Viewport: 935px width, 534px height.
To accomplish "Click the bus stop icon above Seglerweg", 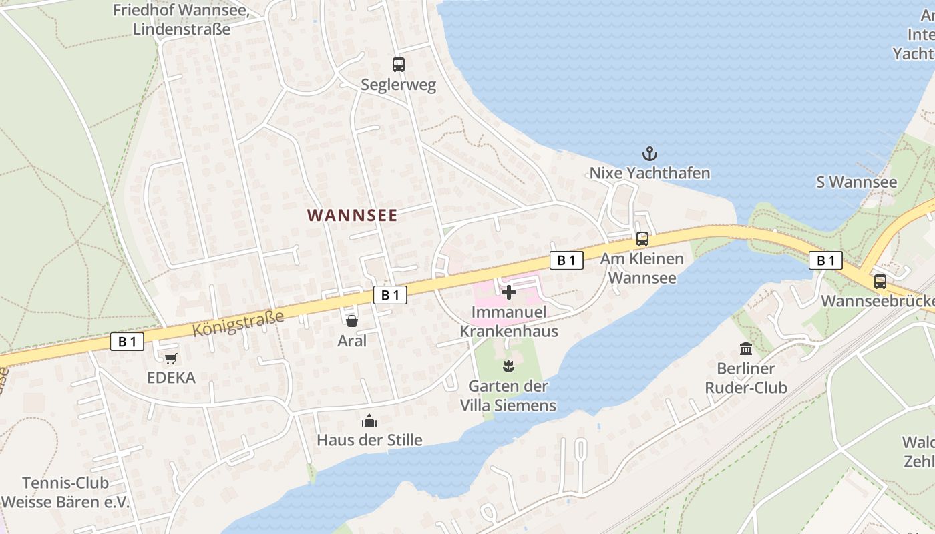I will coord(398,65).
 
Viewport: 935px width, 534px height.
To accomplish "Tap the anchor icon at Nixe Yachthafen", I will coord(649,154).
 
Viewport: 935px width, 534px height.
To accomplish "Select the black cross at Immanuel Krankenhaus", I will coord(509,292).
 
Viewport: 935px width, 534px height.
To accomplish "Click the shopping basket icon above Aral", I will coord(352,321).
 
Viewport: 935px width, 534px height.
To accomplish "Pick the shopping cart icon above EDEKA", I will coord(171,358).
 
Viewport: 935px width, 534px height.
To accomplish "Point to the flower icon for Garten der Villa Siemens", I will coord(508,366).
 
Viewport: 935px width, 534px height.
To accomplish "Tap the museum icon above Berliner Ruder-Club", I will coord(746,348).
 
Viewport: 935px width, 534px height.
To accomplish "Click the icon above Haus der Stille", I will coord(369,421).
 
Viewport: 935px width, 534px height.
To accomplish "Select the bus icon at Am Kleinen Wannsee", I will coord(642,238).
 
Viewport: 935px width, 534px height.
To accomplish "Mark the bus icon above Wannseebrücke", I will coord(880,282).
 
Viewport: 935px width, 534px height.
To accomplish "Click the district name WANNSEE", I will coord(352,215).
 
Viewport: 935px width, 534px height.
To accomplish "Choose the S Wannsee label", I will coord(857,182).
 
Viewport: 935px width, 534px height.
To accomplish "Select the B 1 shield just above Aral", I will coord(390,295).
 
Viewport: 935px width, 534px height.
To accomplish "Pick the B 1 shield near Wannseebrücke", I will coord(825,260).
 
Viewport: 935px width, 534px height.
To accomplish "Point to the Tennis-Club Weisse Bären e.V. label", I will coord(65,493).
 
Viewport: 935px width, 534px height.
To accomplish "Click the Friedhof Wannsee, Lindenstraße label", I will coord(181,19).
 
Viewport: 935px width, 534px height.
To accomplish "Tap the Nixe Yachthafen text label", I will coord(649,173).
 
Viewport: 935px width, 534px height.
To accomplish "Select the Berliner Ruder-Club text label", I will coord(746,378).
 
